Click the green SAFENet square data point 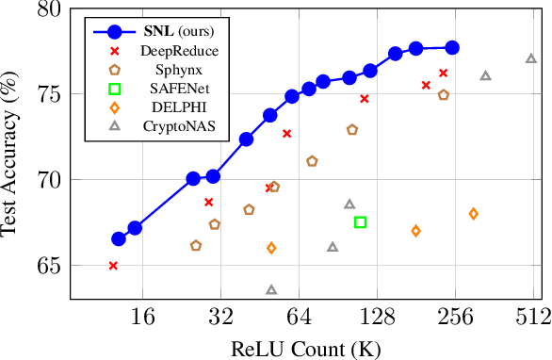tap(360, 222)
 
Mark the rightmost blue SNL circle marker tap(452, 47)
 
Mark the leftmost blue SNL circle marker tap(119, 239)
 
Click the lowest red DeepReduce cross tap(113, 266)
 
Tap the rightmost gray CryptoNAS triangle tap(531, 58)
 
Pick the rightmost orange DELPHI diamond tap(473, 214)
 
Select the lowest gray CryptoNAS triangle tap(271, 290)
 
